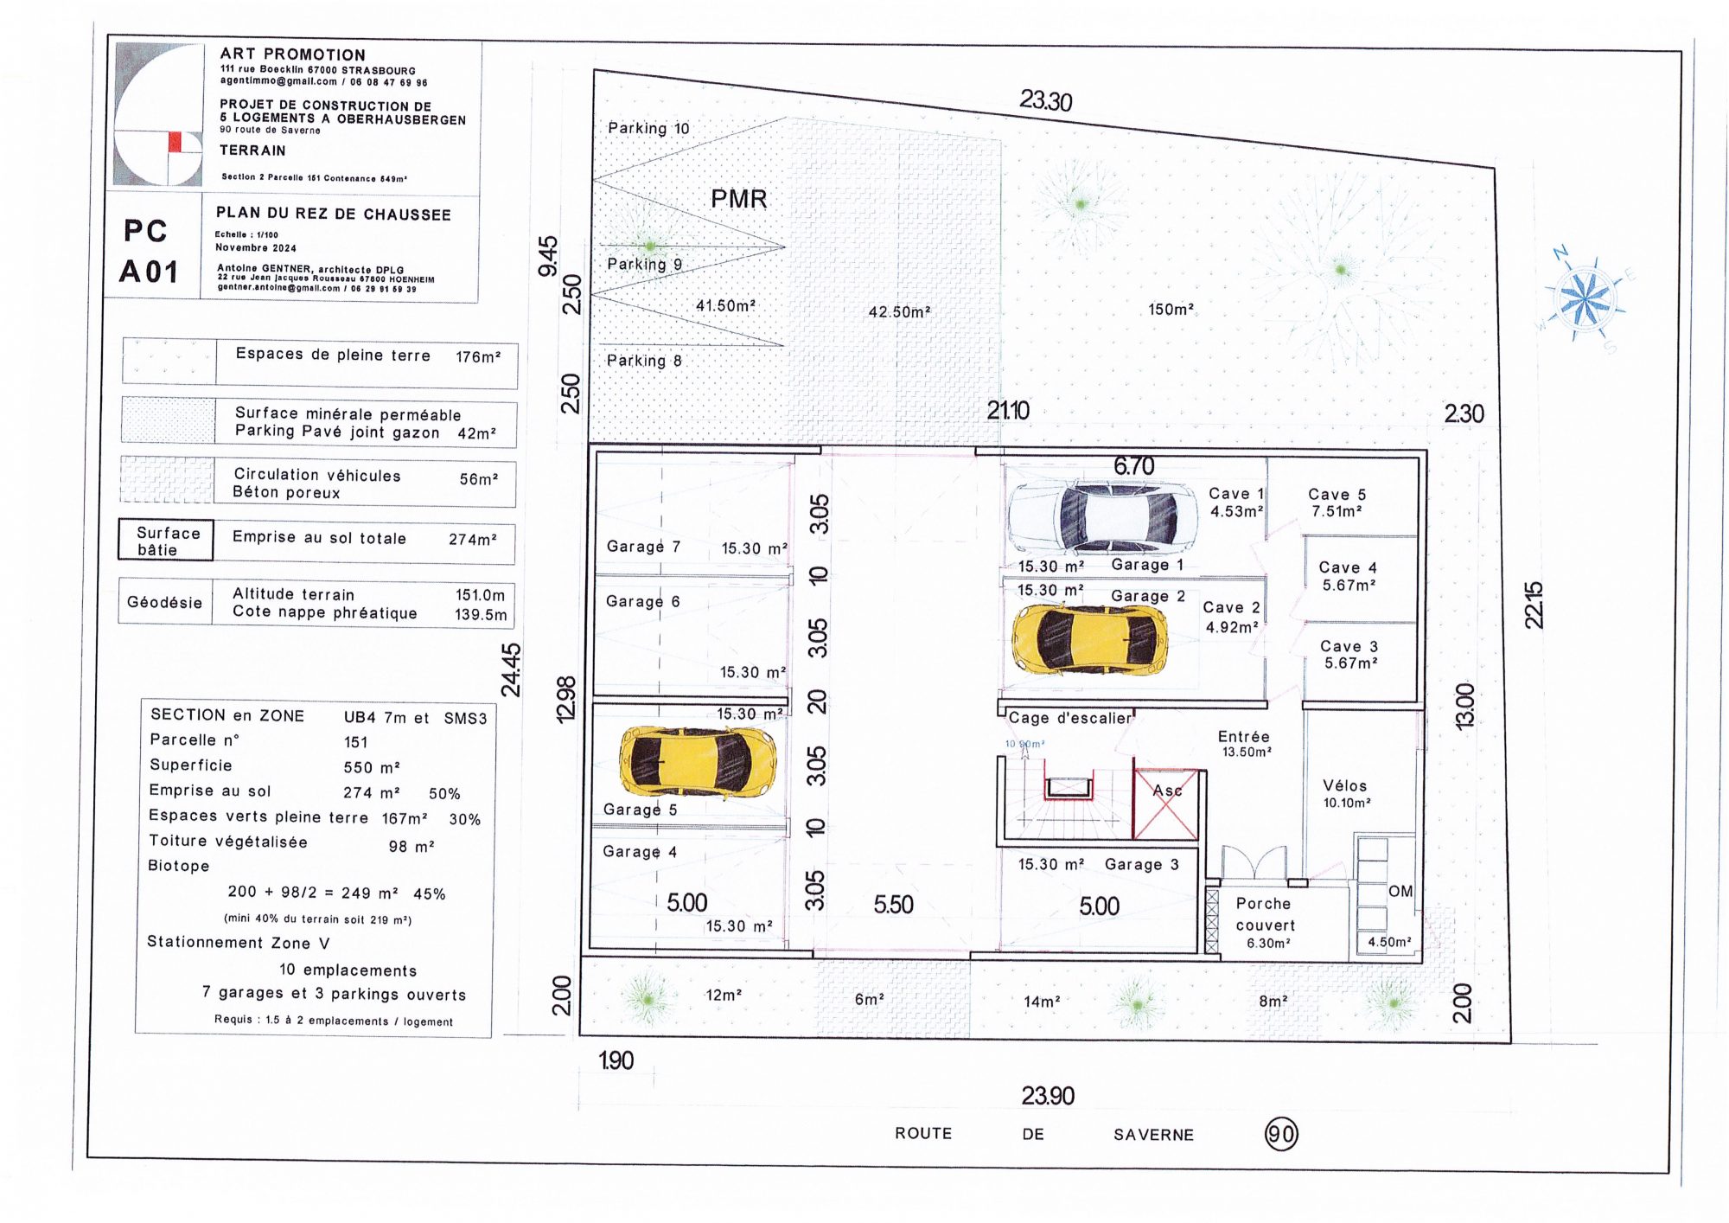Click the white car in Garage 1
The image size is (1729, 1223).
(x=1103, y=517)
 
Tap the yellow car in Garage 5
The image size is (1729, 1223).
(x=698, y=761)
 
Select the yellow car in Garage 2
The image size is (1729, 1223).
(x=1090, y=639)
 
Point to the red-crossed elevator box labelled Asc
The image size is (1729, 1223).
(x=1165, y=804)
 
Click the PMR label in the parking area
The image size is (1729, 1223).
(x=738, y=199)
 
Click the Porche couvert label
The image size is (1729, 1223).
(x=1264, y=914)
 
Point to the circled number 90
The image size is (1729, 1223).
(x=1281, y=1134)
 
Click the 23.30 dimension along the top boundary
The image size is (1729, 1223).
(x=1045, y=101)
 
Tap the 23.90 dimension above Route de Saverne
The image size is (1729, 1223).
(x=1048, y=1096)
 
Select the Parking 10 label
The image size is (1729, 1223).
(x=648, y=128)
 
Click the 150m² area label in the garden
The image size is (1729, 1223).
(x=1171, y=309)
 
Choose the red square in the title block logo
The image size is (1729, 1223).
(x=175, y=142)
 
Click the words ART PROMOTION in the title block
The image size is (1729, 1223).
(x=292, y=54)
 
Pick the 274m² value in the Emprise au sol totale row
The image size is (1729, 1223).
(x=473, y=539)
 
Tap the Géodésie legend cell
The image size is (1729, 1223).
(x=164, y=602)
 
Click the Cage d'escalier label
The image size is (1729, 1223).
(x=1069, y=718)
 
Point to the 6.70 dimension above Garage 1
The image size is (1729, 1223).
(x=1133, y=466)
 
